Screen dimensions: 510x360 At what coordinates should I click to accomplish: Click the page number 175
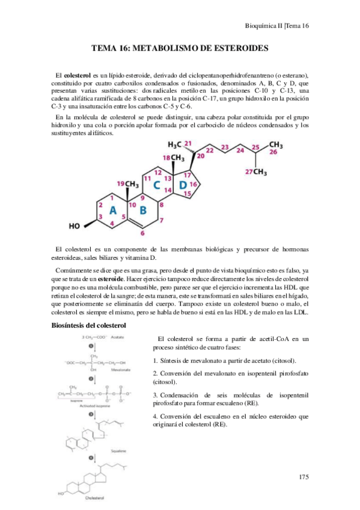point(303,477)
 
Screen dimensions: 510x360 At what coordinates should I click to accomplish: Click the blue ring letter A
point(112,209)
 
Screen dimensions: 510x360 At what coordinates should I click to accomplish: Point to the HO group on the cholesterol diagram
point(75,227)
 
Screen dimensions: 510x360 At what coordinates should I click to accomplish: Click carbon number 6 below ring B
point(142,233)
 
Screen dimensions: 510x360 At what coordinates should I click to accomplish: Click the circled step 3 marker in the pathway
point(92,414)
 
